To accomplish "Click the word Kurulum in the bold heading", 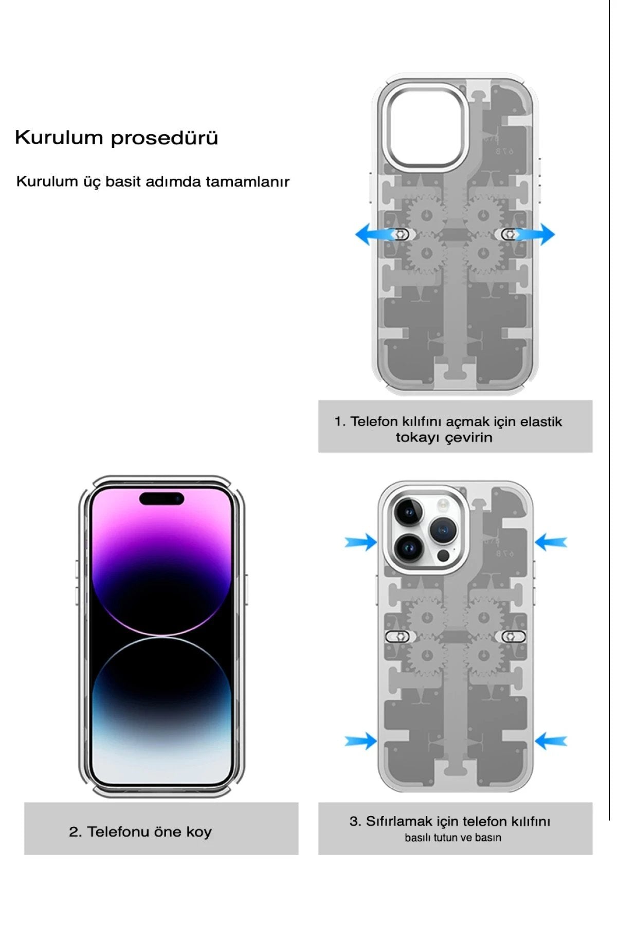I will (59, 138).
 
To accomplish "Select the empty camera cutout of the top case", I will (427, 126).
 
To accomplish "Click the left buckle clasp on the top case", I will (400, 234).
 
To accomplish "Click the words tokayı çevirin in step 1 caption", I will (444, 438).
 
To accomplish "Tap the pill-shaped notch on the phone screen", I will (161, 498).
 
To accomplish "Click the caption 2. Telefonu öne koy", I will (140, 831).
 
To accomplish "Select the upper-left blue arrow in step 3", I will (361, 542).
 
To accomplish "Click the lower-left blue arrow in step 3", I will (361, 741).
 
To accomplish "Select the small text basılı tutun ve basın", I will (452, 838).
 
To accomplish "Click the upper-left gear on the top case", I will (426, 215).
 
